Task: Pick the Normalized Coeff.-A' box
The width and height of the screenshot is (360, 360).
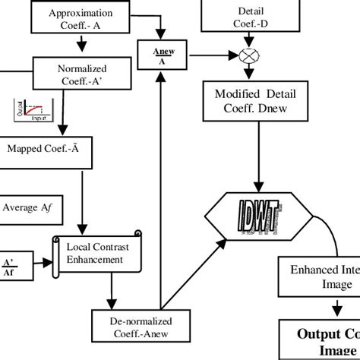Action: point(82,74)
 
